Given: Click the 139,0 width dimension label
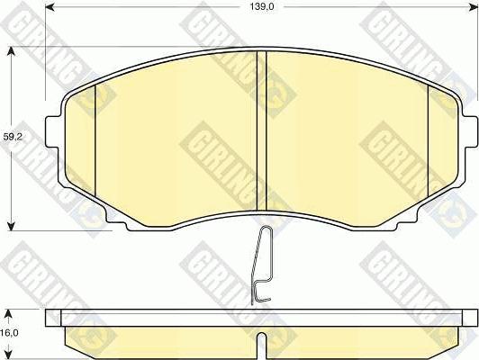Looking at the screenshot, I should tap(262, 8).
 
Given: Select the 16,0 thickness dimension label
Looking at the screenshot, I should tap(9, 331).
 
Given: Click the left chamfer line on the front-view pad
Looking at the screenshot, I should tap(95, 135).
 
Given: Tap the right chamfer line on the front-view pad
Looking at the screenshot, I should tap(427, 135).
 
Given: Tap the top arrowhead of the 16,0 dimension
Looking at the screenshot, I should tap(11, 312).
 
